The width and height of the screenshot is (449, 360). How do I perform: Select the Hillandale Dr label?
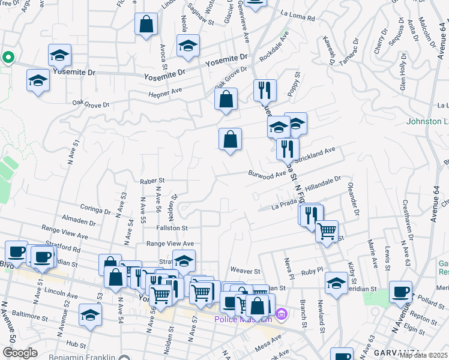pos(322,184)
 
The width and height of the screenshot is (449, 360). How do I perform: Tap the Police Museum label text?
pos(243,319)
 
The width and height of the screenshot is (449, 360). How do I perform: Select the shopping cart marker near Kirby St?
pos(327,230)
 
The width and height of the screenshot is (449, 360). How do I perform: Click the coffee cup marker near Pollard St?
pos(400,291)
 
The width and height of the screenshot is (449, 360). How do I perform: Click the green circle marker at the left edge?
pos(8,58)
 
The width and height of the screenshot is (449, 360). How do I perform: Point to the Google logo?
pos(20,353)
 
